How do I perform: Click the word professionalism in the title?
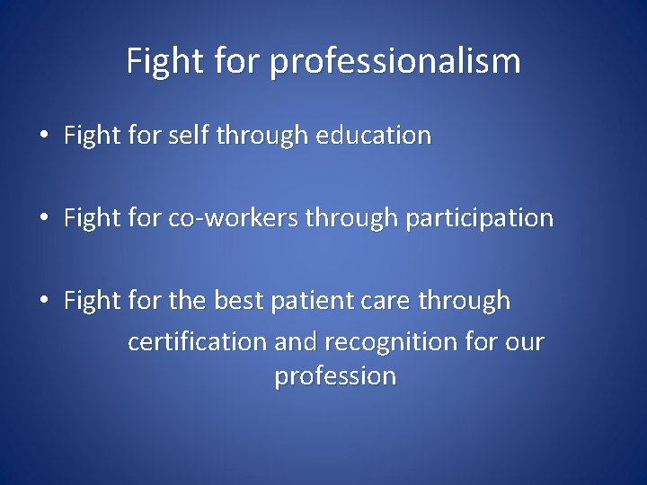click(394, 62)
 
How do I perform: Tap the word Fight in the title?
click(155, 62)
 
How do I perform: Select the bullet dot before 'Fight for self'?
click(43, 137)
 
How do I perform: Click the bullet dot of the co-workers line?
click(43, 218)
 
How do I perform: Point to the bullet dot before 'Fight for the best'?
click(43, 301)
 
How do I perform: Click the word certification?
click(198, 342)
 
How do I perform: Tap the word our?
click(526, 342)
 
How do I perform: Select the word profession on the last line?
click(335, 376)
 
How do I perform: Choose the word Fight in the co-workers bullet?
click(90, 218)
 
